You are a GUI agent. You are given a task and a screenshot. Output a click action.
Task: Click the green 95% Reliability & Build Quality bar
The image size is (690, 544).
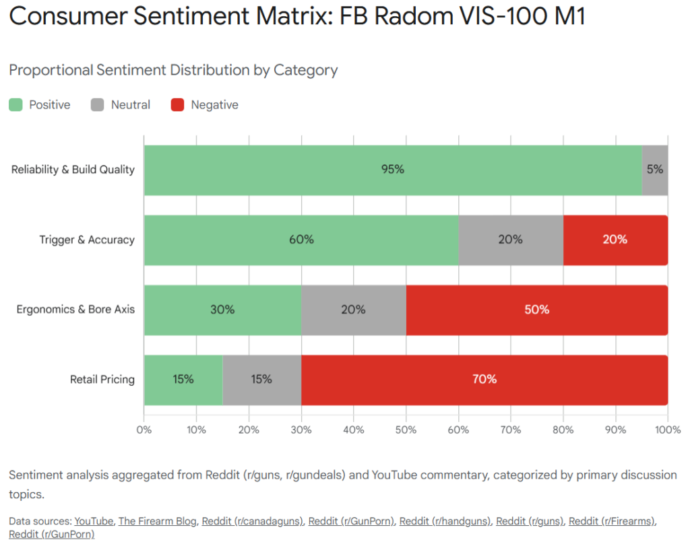pos(393,170)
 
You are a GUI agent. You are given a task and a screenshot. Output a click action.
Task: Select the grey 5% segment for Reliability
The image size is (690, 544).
pos(655,170)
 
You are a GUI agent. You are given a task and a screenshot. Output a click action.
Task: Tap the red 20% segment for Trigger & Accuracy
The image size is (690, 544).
pos(615,240)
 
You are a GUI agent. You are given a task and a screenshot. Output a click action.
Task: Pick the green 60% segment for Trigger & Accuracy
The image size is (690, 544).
pos(301,240)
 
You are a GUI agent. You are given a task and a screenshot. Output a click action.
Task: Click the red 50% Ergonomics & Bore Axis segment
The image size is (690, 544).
pos(536,310)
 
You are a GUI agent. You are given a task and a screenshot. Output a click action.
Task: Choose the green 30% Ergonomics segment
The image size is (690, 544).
pos(222,310)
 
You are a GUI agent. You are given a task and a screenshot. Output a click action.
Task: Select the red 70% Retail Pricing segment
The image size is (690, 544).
pos(484,380)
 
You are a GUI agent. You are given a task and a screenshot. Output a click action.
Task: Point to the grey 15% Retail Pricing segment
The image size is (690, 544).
pos(261,380)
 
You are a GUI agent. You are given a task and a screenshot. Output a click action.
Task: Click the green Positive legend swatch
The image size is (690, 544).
pos(15,105)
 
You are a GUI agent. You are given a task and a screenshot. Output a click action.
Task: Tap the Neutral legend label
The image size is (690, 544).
pos(131,105)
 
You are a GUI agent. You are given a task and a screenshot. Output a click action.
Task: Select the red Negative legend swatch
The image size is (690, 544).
pos(177,105)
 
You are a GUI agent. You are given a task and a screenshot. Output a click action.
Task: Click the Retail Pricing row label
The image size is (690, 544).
pos(102,380)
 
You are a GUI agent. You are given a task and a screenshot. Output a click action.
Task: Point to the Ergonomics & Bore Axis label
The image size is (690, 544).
pos(75,310)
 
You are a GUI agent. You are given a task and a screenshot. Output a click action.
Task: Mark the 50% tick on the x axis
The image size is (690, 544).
pos(406,429)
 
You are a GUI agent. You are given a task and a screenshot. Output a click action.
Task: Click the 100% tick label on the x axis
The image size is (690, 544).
pos(667,429)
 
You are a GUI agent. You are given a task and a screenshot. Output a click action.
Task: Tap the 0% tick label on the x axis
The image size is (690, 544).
pos(144,429)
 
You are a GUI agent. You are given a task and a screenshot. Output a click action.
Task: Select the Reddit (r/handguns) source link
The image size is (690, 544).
pos(445,521)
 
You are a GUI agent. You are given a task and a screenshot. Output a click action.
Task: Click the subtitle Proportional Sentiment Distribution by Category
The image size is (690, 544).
pos(173,70)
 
